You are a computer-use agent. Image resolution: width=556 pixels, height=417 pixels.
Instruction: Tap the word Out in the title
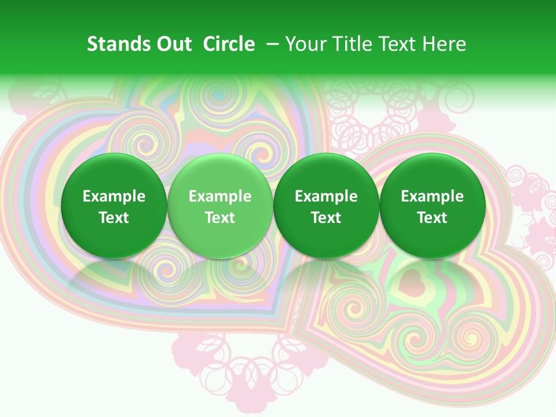[173, 44]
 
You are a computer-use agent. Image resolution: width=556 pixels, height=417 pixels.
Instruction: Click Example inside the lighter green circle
[220, 196]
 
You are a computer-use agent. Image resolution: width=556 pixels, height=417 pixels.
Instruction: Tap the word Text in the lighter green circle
[220, 218]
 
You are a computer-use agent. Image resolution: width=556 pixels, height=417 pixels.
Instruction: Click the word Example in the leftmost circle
[114, 196]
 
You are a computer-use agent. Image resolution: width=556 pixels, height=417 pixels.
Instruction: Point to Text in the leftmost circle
[114, 218]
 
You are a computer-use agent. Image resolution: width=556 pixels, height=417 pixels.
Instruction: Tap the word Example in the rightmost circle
[432, 196]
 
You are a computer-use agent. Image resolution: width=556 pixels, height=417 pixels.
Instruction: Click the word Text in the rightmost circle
[432, 218]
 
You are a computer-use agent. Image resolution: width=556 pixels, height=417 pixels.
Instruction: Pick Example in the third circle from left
[326, 196]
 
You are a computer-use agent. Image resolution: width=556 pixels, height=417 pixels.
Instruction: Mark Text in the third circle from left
[326, 218]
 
